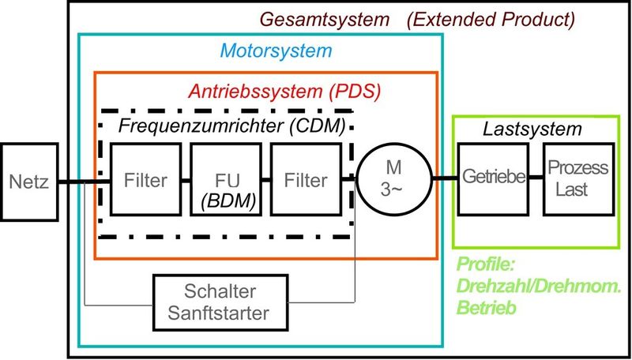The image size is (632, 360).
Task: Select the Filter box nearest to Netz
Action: click(x=145, y=179)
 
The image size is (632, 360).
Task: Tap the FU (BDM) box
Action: click(x=224, y=179)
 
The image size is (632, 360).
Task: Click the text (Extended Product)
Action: click(x=491, y=18)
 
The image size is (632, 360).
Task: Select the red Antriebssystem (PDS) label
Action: click(x=284, y=91)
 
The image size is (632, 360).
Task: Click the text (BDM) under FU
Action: click(x=224, y=199)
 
